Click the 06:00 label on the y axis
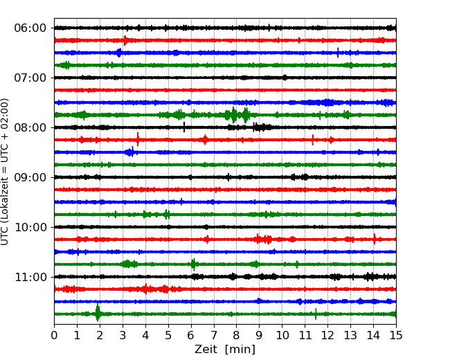tap(30, 28)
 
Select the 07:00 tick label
tap(30, 78)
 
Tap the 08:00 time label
tap(30, 127)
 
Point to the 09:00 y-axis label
tap(30, 177)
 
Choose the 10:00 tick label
tap(30, 227)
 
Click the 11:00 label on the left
tap(30, 277)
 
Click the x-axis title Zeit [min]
tap(225, 350)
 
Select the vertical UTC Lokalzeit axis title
tap(6, 171)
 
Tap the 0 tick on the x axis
tap(54, 336)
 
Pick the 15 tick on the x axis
tap(396, 336)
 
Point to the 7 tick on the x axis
tap(214, 336)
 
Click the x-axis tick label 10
tap(282, 336)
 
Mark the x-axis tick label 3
tap(123, 336)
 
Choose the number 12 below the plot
tap(327, 336)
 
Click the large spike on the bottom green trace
tap(98, 313)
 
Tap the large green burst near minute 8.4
tap(246, 114)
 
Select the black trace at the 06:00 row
tap(208, 28)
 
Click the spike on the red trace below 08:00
tap(138, 139)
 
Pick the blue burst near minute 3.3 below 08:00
tap(129, 152)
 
